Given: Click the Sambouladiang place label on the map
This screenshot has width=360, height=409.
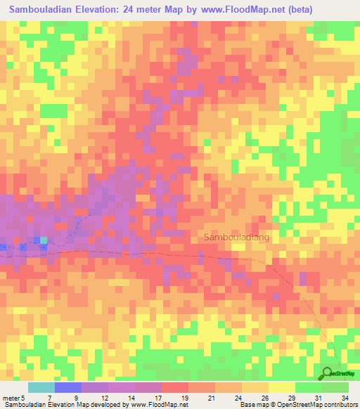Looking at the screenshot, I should (236, 238).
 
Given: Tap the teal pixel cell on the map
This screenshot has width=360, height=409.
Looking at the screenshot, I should (44, 240).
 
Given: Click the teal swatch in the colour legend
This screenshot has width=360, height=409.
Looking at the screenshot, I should (41, 387).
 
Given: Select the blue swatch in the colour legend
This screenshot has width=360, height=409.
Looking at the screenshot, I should (67, 387).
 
